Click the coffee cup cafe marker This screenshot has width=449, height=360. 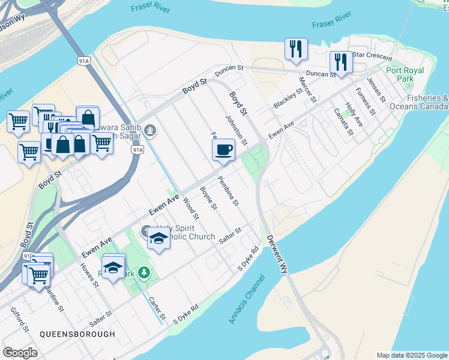(224, 149)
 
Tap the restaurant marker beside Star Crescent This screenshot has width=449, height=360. (341, 62)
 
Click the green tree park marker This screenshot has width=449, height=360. (144, 274)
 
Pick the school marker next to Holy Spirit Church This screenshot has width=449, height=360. (158, 239)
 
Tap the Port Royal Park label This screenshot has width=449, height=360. (405, 74)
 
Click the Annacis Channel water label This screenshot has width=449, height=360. (246, 299)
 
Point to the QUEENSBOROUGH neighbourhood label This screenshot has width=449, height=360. (77, 334)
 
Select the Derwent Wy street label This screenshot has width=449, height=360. (277, 254)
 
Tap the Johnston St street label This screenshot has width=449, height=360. (237, 130)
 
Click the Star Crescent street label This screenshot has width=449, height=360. (372, 55)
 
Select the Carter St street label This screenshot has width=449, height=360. (157, 308)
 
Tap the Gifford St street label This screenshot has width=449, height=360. (19, 319)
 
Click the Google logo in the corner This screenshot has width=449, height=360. (20, 353)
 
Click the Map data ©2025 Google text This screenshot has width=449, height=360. (412, 355)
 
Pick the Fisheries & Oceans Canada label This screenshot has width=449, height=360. (427, 102)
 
